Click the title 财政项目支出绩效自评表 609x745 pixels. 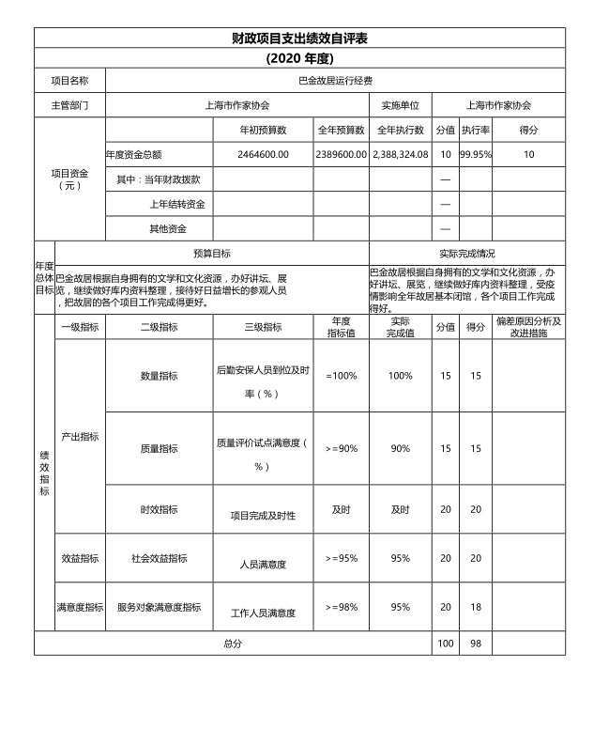(x=299, y=38)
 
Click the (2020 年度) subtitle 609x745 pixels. (x=299, y=58)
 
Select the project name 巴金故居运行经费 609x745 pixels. (x=335, y=82)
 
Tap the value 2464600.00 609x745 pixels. (x=263, y=154)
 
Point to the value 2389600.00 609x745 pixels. (x=341, y=154)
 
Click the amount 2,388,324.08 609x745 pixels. (x=401, y=154)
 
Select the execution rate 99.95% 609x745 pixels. (x=476, y=154)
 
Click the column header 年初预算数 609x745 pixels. (x=263, y=130)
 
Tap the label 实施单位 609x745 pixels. (x=401, y=105)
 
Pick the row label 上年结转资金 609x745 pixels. (x=176, y=204)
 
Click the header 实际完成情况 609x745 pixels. (x=466, y=254)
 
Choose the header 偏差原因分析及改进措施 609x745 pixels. (x=528, y=327)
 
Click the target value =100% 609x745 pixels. (x=342, y=376)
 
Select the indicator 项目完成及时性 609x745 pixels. (x=263, y=516)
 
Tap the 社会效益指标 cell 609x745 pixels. (x=159, y=558)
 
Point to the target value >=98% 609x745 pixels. (x=342, y=607)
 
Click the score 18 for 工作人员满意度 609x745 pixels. (x=476, y=607)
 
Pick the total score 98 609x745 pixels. (x=476, y=644)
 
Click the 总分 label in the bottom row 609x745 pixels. (x=233, y=644)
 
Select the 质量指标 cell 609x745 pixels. (x=159, y=448)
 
